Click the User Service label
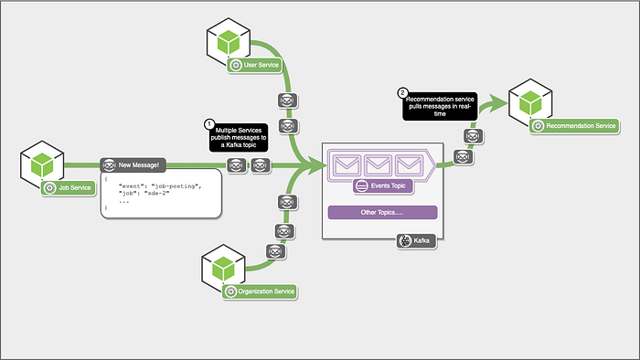tap(255, 65)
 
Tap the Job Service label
tap(69, 188)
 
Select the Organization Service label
tap(260, 291)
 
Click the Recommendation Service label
tap(574, 126)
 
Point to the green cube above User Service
tap(229, 42)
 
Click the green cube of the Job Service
tap(42, 164)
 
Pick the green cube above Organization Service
tap(223, 269)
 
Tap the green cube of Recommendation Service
tap(530, 102)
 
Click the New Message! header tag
tap(133, 165)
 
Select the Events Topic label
tap(383, 185)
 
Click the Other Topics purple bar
tap(382, 212)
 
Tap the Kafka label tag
tap(416, 240)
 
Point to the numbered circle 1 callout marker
tap(209, 124)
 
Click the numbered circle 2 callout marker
tap(402, 93)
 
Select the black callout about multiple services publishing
tap(239, 138)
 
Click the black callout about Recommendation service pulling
tap(440, 106)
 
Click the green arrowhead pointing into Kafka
tap(316, 165)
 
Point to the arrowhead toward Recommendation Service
tap(497, 102)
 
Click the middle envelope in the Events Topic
tap(378, 165)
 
